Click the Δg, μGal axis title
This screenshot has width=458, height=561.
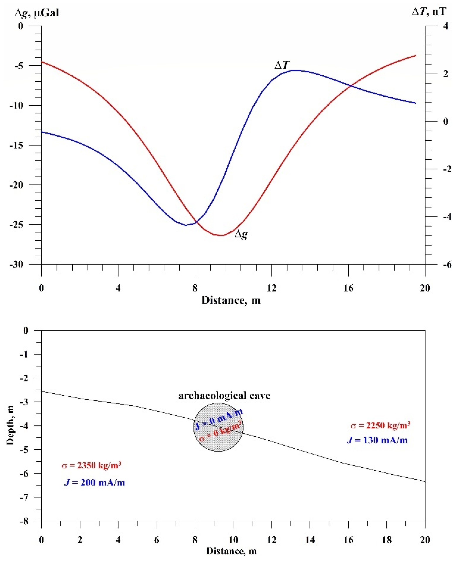coord(37,12)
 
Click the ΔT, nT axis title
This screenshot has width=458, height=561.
coord(429,12)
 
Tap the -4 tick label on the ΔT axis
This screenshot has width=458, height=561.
coord(445,217)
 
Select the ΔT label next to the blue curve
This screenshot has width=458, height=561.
coord(282,65)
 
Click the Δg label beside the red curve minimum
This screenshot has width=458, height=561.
coord(241,234)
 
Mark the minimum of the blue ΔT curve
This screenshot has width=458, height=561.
coord(186,225)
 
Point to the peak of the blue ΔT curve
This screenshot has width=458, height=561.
coord(296,70)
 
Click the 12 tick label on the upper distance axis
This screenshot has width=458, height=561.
coord(271,288)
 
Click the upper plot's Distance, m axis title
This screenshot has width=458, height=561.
coord(231,300)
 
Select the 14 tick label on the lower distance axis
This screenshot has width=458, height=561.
coord(310,540)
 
